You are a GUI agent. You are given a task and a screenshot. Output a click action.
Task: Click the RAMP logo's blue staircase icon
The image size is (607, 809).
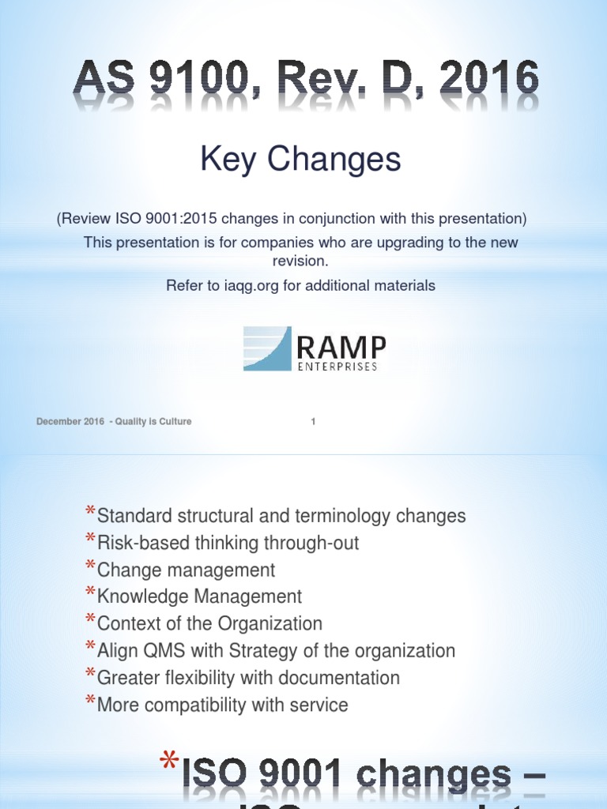(x=267, y=348)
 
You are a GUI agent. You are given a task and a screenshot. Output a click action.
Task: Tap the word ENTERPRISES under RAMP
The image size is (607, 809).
(x=337, y=367)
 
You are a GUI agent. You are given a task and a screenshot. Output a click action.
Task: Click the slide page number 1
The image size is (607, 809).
(x=313, y=422)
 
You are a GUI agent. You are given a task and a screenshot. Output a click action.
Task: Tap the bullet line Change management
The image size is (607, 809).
(x=186, y=570)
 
